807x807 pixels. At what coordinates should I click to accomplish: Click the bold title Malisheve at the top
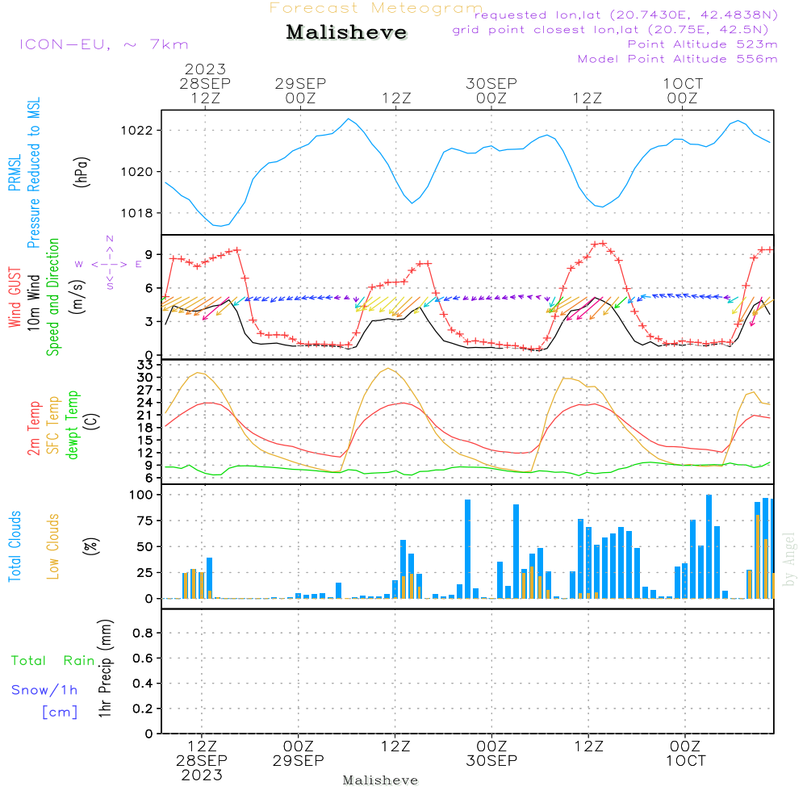[346, 33]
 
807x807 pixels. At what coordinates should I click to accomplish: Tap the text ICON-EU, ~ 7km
[103, 44]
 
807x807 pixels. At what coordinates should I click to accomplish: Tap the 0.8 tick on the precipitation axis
[143, 633]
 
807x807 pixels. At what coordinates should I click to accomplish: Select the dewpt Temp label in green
[73, 425]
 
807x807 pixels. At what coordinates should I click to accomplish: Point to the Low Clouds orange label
[53, 546]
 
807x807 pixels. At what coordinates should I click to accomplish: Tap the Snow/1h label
[45, 691]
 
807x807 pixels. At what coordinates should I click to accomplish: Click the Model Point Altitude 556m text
[678, 59]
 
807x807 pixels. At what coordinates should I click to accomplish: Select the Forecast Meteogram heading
[376, 8]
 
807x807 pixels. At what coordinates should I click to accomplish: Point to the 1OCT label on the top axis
[683, 84]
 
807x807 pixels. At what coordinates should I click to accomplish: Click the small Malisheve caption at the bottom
[381, 780]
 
